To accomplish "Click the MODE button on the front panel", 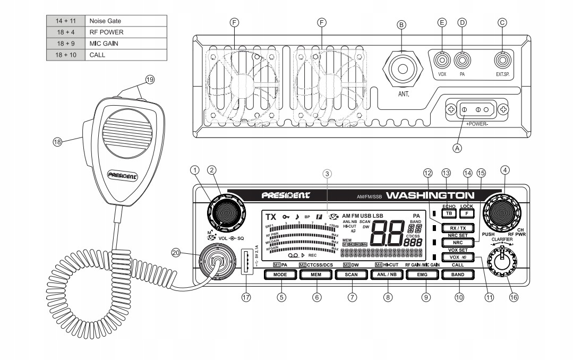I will (x=280, y=275).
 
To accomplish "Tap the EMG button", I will (x=423, y=275).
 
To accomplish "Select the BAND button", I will (x=458, y=275).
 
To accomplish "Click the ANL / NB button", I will (x=387, y=275).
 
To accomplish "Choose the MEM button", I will (x=316, y=275).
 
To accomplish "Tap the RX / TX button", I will (x=454, y=228).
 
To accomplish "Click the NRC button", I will (x=454, y=243).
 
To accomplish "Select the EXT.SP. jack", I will (x=501, y=59).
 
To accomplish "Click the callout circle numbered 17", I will (x=245, y=298).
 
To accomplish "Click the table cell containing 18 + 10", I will (x=66, y=55).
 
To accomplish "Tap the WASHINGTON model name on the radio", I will (x=430, y=195).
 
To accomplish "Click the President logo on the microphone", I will (x=122, y=175).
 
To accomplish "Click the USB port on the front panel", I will (x=247, y=262).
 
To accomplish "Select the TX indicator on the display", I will (x=271, y=217).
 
